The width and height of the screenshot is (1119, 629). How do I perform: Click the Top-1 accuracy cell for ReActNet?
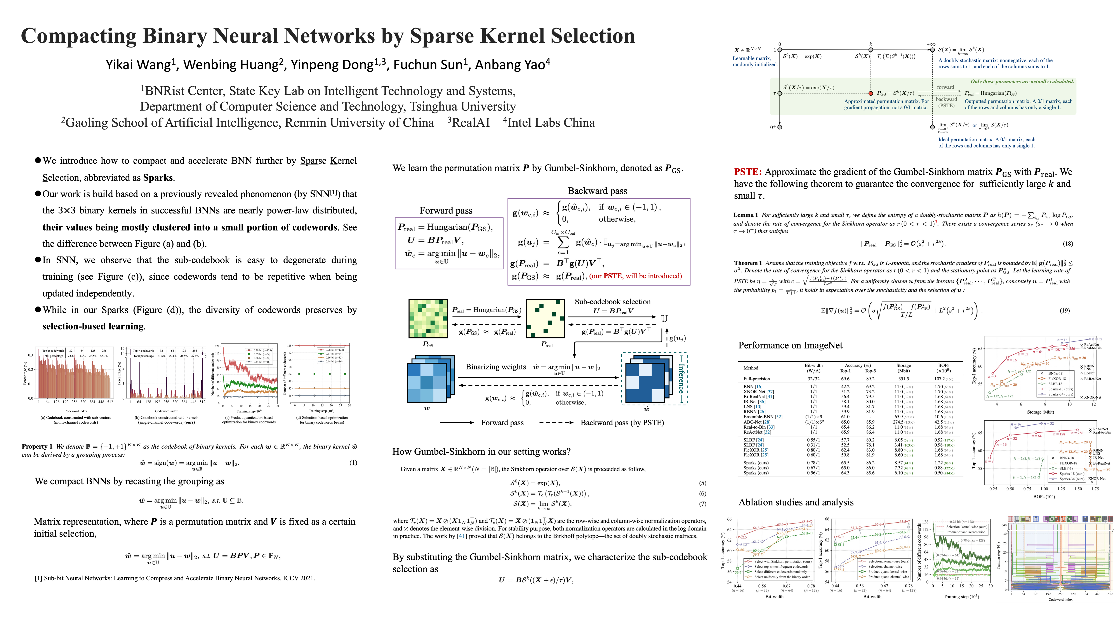845,432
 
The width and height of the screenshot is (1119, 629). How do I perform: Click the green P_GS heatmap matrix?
428,318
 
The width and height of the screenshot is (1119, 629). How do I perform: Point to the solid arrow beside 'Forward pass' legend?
457,423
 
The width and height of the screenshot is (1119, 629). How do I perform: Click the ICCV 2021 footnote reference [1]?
175,578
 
